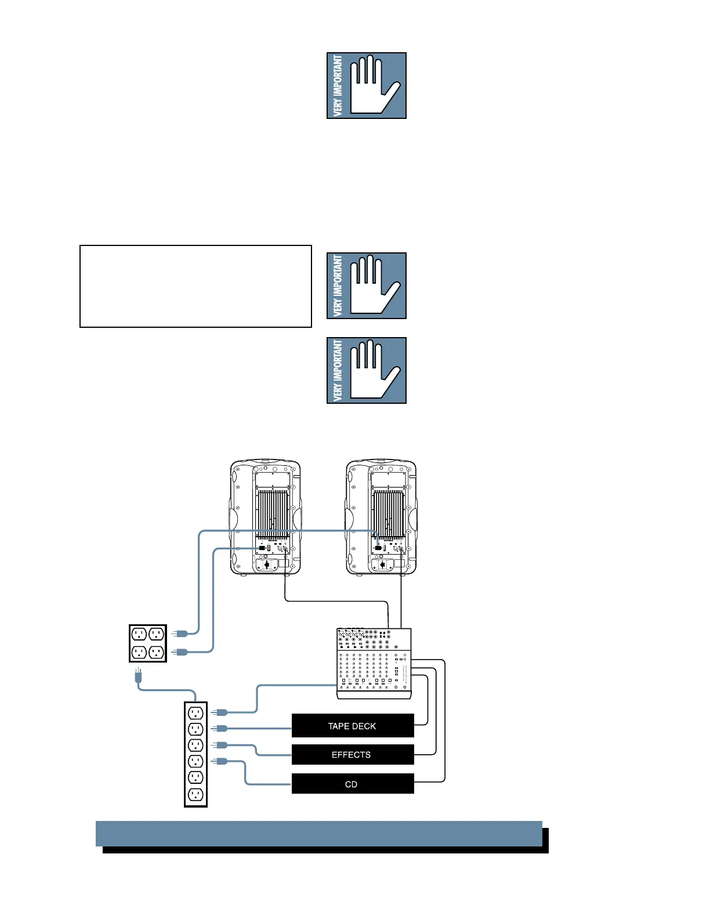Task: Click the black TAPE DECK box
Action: point(353,726)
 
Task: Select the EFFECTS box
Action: point(353,755)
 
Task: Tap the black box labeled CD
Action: point(353,784)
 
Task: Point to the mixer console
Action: point(374,663)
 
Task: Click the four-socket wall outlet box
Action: point(147,643)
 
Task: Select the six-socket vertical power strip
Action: point(195,754)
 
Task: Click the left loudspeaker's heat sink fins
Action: point(273,513)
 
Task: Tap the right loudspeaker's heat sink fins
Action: point(388,513)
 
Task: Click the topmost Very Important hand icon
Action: point(366,86)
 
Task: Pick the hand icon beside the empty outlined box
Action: point(366,285)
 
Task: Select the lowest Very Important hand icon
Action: point(366,370)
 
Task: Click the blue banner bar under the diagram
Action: point(319,834)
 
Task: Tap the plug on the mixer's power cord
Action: point(220,712)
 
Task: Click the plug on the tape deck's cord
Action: point(220,728)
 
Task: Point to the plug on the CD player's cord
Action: point(220,761)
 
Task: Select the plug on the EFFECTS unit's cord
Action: point(220,744)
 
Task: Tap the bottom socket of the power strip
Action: point(195,794)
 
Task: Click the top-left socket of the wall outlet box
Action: point(139,634)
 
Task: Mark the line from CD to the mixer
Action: point(444,725)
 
